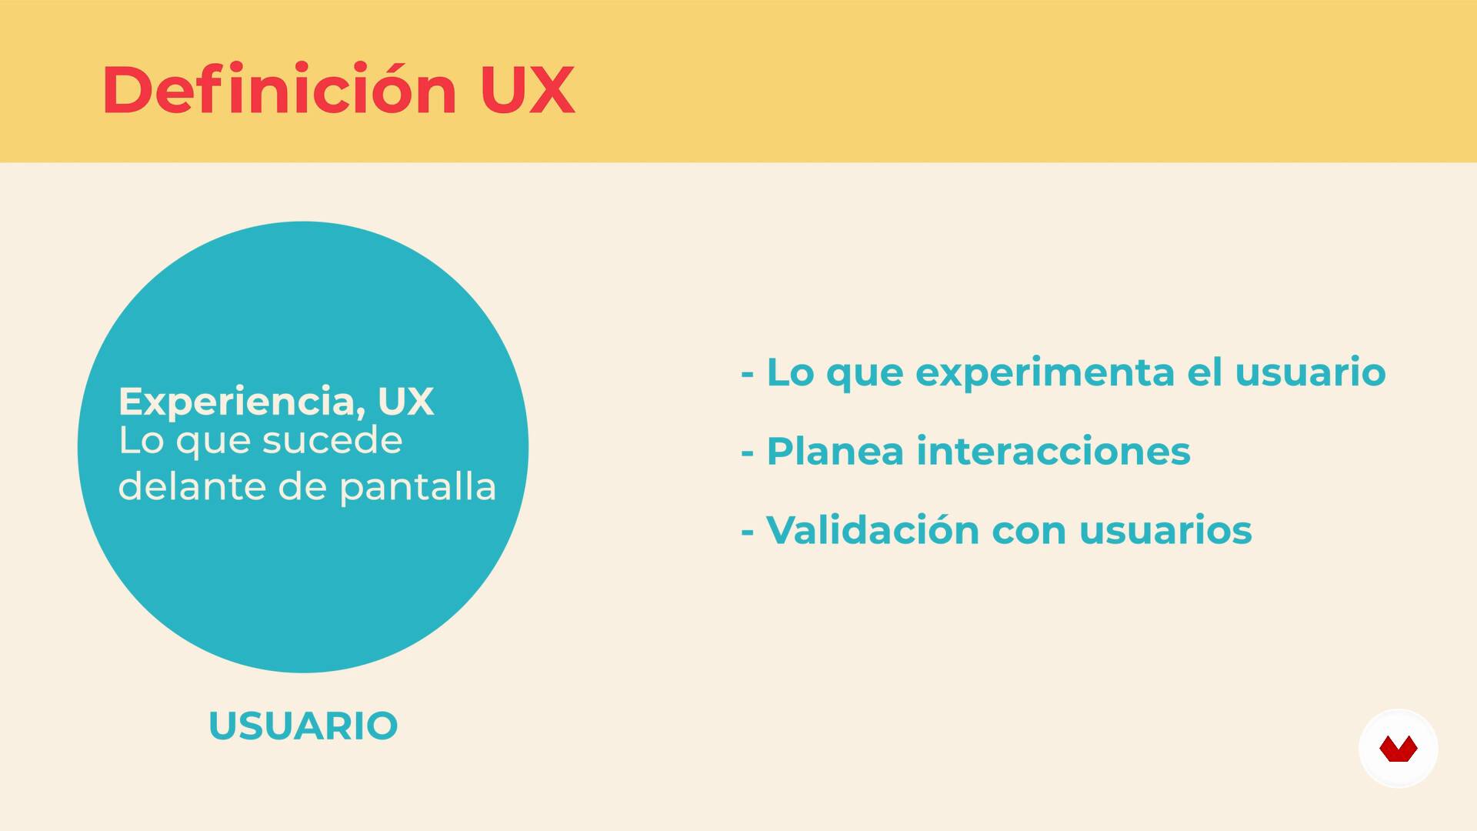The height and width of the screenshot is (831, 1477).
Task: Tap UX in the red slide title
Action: point(528,90)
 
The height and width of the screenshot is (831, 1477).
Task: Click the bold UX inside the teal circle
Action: point(405,401)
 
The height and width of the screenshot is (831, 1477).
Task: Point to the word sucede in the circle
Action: point(332,440)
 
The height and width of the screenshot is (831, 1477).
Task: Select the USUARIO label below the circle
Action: point(303,726)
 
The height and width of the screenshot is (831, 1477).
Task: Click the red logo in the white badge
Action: point(1399,749)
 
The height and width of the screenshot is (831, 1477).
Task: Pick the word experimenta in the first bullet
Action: point(1045,374)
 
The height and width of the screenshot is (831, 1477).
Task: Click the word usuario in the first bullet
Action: point(1310,372)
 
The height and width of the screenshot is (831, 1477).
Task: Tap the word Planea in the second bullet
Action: point(835,452)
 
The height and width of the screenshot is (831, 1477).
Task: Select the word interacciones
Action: point(1054,451)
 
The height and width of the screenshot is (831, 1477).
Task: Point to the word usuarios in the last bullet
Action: point(1165,530)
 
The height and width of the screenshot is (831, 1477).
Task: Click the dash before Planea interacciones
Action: point(747,454)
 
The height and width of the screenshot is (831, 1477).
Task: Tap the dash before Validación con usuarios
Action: point(747,533)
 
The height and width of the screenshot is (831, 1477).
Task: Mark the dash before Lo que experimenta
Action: point(747,375)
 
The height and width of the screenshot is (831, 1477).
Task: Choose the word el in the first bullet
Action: point(1205,372)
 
